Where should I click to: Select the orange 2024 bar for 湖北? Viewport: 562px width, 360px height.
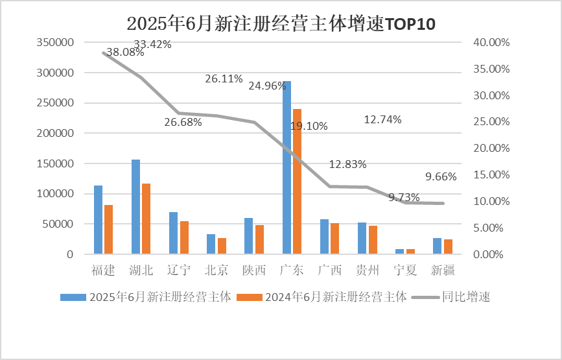click(x=146, y=219)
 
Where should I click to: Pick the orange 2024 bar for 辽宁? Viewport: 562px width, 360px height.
click(x=184, y=237)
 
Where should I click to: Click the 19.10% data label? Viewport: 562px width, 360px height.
click(x=309, y=126)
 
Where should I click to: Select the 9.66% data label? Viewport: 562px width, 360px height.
click(x=441, y=176)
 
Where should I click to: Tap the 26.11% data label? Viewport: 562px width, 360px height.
click(x=224, y=79)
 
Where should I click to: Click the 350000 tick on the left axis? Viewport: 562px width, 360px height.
click(x=56, y=42)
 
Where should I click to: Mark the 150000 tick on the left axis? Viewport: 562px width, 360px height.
click(x=56, y=163)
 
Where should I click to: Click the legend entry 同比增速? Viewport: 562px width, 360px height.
click(x=465, y=298)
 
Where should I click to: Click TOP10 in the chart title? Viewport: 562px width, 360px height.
click(x=410, y=24)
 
